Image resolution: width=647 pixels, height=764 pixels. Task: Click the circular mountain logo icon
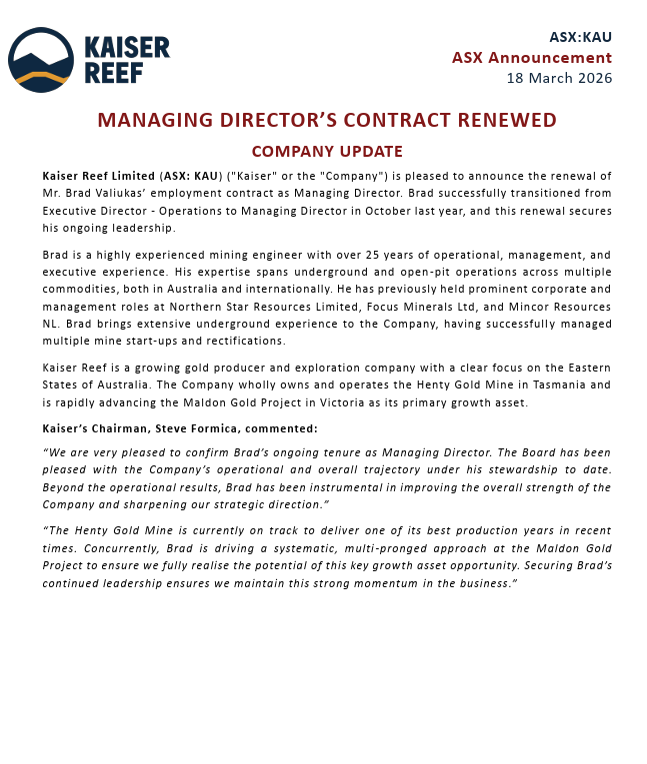pos(41,60)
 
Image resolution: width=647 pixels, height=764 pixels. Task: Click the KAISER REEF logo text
pos(127,60)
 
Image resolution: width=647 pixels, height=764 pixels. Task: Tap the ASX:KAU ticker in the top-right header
pos(580,37)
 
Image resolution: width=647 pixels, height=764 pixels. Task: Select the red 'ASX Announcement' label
pos(532,57)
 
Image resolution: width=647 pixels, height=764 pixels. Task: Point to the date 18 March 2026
pos(559,78)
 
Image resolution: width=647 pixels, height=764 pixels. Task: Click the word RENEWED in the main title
pos(495,121)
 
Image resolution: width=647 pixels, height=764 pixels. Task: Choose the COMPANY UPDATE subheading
pos(327,152)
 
